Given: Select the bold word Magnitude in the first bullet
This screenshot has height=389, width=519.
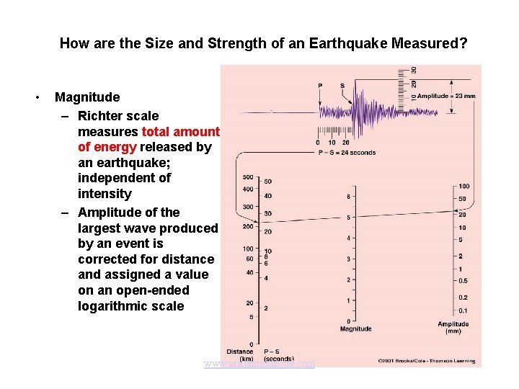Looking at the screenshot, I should [x=87, y=97].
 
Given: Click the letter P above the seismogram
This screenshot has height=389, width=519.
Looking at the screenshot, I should [x=320, y=86].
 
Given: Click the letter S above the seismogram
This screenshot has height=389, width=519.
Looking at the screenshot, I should [x=342, y=86].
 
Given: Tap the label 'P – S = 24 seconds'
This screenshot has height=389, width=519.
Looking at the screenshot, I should [x=346, y=153].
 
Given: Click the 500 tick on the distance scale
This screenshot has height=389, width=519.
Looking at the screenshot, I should [x=247, y=177].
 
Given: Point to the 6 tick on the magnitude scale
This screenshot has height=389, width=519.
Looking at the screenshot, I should [x=349, y=197].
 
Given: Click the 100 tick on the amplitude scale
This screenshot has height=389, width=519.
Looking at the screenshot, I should [x=463, y=187].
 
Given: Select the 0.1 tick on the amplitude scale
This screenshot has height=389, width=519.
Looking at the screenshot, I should [x=463, y=310].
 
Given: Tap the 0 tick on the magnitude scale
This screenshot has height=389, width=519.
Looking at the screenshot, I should [x=349, y=321].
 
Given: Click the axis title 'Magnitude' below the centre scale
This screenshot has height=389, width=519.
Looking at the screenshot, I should [x=355, y=329].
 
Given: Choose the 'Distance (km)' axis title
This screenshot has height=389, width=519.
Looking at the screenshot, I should [x=240, y=355].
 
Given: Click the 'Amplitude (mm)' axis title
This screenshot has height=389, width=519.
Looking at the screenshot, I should [x=453, y=328].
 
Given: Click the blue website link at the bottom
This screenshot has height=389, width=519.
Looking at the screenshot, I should [x=259, y=364].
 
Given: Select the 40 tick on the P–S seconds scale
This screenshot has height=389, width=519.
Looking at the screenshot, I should [x=267, y=196].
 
